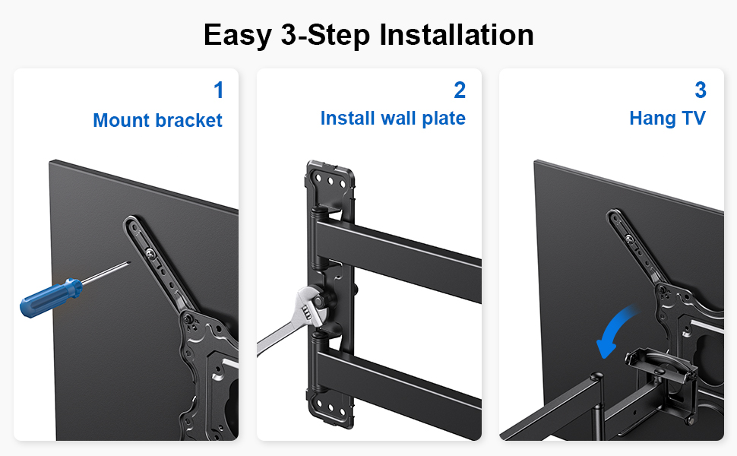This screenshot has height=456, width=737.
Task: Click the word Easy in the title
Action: pyautogui.click(x=237, y=36)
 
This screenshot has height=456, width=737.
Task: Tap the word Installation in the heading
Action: pyautogui.click(x=457, y=34)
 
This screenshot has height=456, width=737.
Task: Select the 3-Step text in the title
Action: pyautogui.click(x=325, y=36)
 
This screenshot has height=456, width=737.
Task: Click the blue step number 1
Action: pyautogui.click(x=219, y=90)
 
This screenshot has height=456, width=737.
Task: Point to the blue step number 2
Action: pyautogui.click(x=460, y=90)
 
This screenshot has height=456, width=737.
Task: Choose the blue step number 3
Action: pyautogui.click(x=701, y=90)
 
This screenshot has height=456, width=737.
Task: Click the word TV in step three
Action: pyautogui.click(x=694, y=118)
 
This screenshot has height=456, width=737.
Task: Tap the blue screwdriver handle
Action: pyautogui.click(x=51, y=298)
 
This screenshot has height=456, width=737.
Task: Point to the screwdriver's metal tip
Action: pyautogui.click(x=129, y=262)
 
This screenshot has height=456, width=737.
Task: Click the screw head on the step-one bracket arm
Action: pyautogui.click(x=151, y=254)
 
